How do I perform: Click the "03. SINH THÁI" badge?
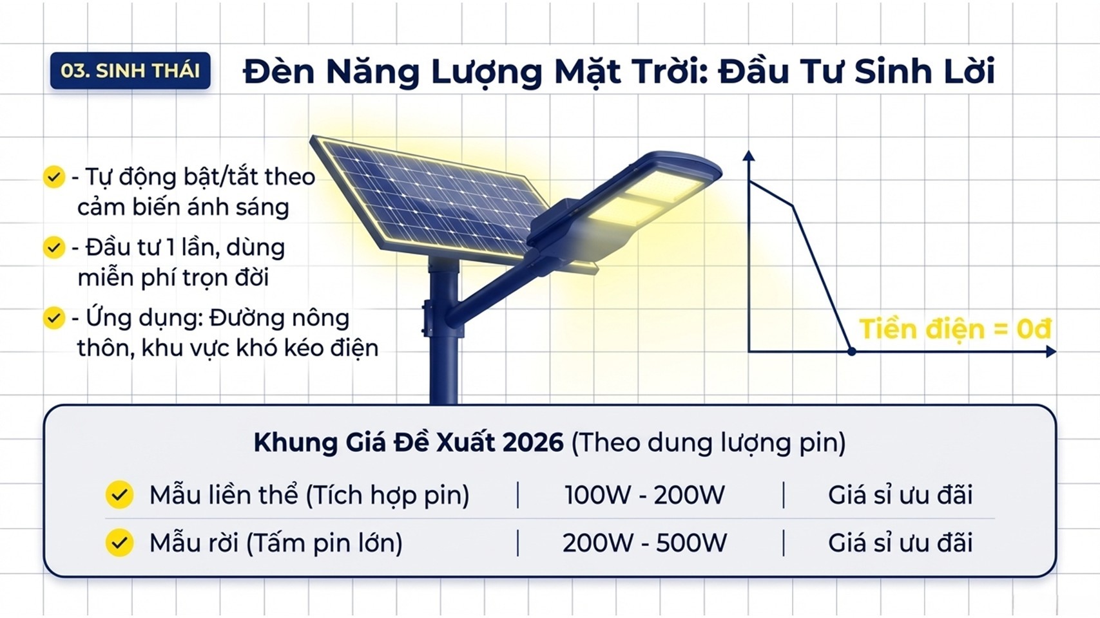point(130,71)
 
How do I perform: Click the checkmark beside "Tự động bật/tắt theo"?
point(54,176)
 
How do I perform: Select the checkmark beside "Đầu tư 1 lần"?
point(54,247)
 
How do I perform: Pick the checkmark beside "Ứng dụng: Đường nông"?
point(54,318)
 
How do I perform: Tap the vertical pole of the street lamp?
point(444,333)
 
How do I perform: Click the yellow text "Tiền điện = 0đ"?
point(956,328)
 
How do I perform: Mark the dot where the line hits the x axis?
point(852,351)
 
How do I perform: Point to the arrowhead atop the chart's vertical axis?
point(748,156)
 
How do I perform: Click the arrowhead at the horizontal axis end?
point(1050,351)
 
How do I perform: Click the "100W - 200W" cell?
point(644,494)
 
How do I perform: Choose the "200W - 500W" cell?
point(644,543)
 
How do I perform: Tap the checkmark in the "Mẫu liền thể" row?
point(119,494)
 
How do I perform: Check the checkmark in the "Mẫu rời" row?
point(119,543)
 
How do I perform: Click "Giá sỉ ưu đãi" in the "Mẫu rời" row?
point(900,543)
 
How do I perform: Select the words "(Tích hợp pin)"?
point(387,494)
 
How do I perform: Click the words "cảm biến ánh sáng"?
point(183,207)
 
